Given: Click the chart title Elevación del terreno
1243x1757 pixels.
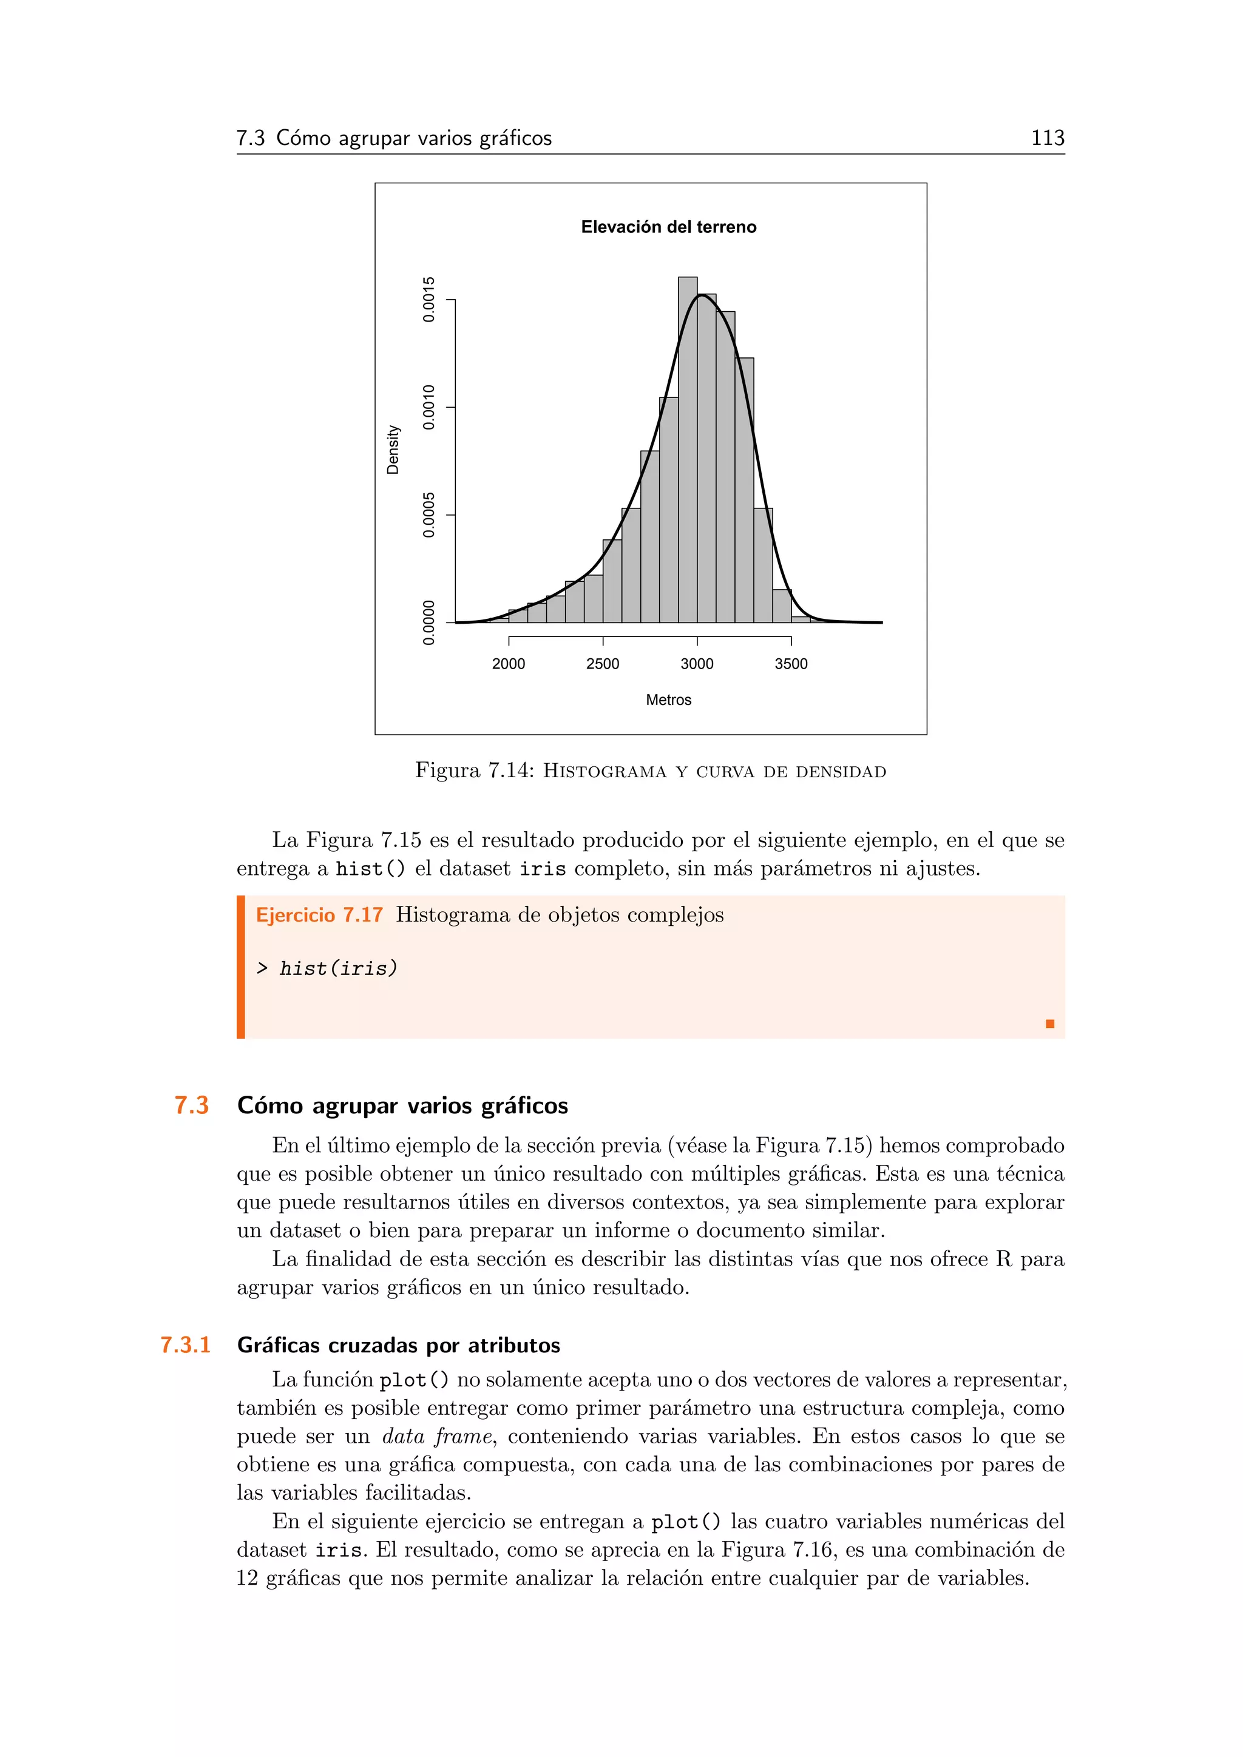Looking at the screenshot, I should tap(668, 228).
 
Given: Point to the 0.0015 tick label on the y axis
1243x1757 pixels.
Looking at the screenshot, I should tap(429, 299).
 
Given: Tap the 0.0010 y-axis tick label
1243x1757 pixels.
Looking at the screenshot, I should tap(429, 407).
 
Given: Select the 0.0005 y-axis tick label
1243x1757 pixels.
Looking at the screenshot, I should tap(429, 515).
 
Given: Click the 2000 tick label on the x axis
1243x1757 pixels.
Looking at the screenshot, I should tap(508, 664).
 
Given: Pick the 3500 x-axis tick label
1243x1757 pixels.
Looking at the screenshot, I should tap(791, 664).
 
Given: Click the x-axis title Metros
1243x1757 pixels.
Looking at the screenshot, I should tap(668, 700).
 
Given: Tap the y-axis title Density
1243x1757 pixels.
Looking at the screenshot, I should tap(393, 450).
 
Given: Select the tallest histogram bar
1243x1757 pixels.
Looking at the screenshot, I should tap(687, 451).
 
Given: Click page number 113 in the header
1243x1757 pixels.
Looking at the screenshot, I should tap(1047, 138).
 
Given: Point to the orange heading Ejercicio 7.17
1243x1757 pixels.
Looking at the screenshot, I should tap(319, 916).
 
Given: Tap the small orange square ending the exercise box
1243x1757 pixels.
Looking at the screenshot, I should tap(1050, 1024).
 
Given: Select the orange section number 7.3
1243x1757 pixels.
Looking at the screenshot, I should tap(191, 1106).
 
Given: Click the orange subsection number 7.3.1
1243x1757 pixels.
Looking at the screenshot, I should tap(185, 1345).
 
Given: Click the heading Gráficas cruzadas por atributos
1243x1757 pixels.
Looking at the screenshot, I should tap(399, 1345).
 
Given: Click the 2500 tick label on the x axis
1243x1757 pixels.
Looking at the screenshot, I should tap(602, 664).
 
